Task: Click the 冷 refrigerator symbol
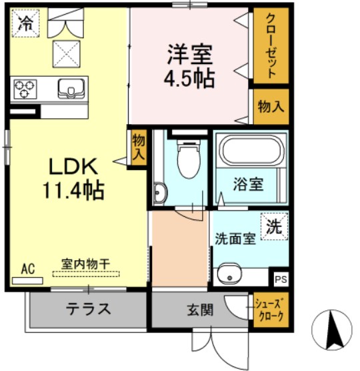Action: pos(26,25)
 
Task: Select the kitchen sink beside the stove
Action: pos(69,87)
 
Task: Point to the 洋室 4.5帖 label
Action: pos(189,65)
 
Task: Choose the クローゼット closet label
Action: pos(271,46)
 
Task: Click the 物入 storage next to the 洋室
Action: pos(271,106)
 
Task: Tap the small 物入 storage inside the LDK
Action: pos(138,145)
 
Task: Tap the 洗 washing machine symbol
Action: pos(274,226)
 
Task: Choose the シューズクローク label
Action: pos(270,310)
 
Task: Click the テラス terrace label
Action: pos(87,309)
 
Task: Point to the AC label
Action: pos(27,269)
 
